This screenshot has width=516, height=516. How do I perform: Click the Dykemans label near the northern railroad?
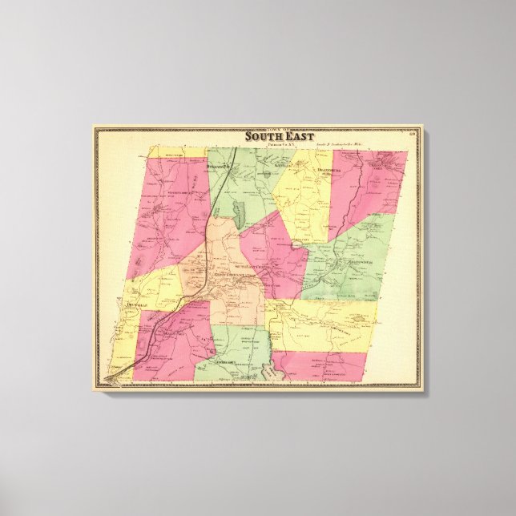[x=217, y=166]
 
